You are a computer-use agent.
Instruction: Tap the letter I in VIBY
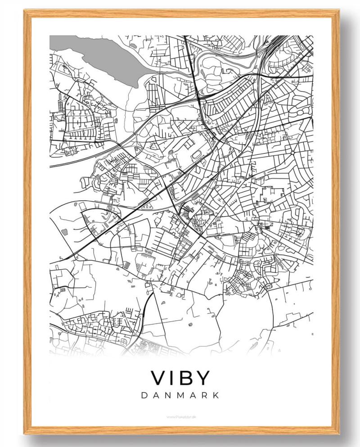click(x=174, y=378)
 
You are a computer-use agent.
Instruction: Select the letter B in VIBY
click(x=187, y=378)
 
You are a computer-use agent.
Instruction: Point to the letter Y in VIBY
click(x=202, y=378)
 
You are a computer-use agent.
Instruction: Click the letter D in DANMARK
click(x=144, y=395)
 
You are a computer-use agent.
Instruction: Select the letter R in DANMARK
click(x=205, y=395)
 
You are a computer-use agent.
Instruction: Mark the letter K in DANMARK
click(x=216, y=395)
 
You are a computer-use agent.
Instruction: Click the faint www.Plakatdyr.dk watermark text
click(x=181, y=417)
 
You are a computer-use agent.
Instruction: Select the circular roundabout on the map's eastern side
click(x=293, y=153)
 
